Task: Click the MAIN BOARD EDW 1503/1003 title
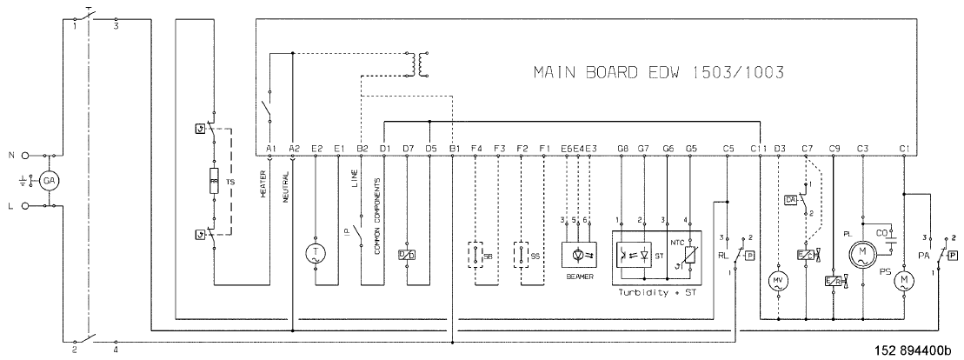tap(658, 75)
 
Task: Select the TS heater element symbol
tap(210, 183)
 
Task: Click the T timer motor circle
tap(314, 252)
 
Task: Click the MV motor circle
tap(777, 281)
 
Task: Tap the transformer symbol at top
tap(422, 63)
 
